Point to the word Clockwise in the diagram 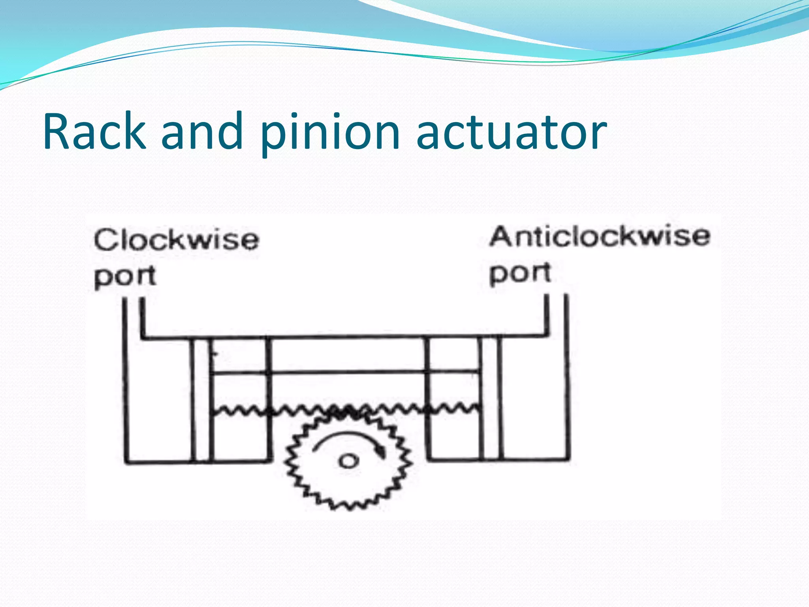[176, 240]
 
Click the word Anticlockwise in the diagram [600, 236]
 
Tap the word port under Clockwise [125, 276]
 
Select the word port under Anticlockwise [520, 273]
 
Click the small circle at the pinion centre [348, 461]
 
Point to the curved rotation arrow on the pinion [348, 439]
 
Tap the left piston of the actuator [202, 399]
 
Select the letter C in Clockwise [105, 240]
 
